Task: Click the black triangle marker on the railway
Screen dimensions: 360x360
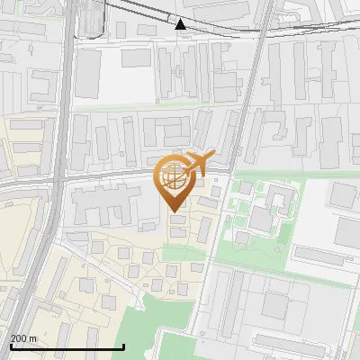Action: [x=181, y=24]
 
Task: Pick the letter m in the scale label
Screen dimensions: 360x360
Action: [x=33, y=338]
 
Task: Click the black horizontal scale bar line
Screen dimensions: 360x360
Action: [x=67, y=346]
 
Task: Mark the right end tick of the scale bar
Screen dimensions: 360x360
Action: [x=123, y=346]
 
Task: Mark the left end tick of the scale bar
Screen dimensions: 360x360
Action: [x=11, y=346]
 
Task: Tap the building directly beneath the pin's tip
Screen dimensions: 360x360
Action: [x=178, y=219]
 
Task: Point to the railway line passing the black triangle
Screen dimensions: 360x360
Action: [x=216, y=28]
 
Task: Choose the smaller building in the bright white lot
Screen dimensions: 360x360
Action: [x=137, y=58]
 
